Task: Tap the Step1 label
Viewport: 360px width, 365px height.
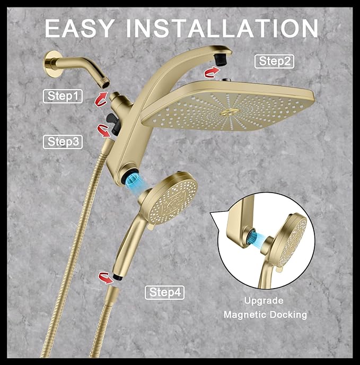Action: [63, 96]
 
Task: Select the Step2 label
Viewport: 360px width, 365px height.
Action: [275, 61]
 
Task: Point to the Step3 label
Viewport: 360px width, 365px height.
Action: [63, 142]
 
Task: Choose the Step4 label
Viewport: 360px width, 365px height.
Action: [164, 292]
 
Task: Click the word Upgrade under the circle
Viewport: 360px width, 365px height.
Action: [264, 301]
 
